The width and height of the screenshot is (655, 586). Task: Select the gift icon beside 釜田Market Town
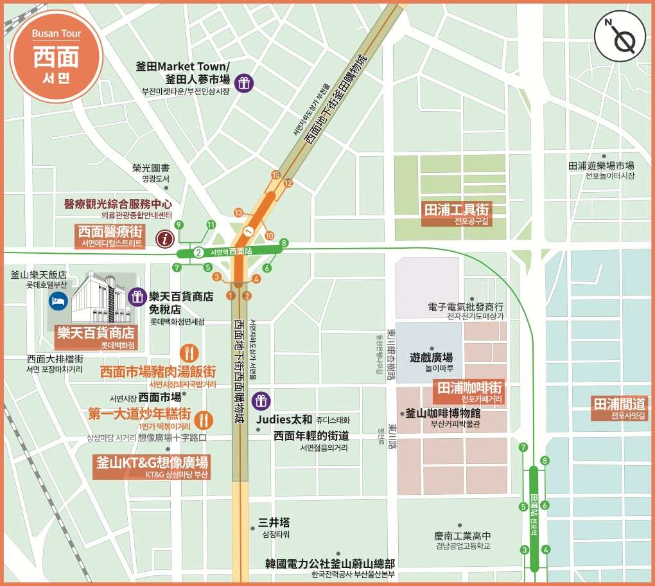point(243,82)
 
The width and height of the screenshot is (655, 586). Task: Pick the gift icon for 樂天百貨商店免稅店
point(137,296)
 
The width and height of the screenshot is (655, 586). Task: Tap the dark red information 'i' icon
point(166,240)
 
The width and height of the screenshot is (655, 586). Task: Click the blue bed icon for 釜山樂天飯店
point(58,300)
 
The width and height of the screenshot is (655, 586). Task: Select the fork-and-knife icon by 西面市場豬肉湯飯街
point(188,353)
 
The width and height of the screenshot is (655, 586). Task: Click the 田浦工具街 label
point(457,210)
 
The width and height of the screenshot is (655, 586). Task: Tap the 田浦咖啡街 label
point(470,389)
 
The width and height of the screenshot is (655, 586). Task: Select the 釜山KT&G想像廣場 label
point(152,463)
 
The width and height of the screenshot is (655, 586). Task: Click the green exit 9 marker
point(179,224)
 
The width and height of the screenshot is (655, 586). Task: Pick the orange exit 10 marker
point(269,235)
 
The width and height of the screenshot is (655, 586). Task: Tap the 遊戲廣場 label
point(431,357)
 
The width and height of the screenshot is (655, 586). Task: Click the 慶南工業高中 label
point(462,535)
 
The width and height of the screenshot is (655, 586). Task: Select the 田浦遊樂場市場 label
point(600,165)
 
